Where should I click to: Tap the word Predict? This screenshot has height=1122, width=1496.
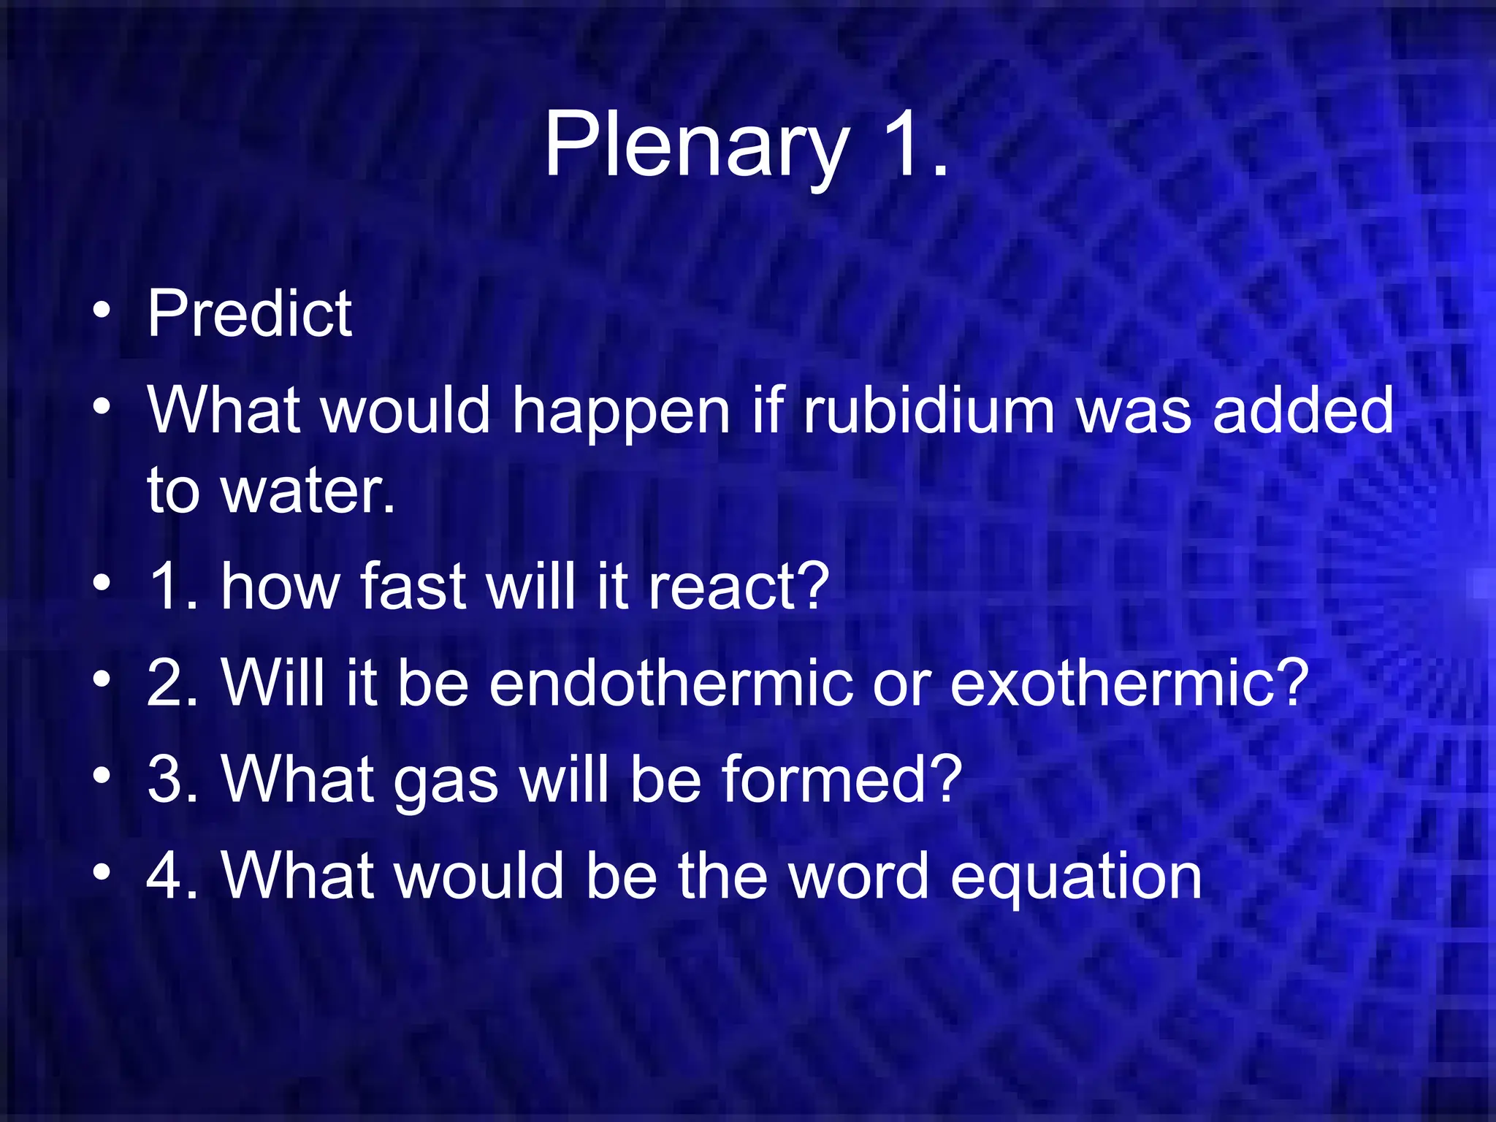pos(250,313)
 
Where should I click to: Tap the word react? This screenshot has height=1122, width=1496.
pos(738,586)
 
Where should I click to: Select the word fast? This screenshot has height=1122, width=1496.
pos(413,586)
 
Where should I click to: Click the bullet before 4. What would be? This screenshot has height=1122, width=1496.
pos(102,873)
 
